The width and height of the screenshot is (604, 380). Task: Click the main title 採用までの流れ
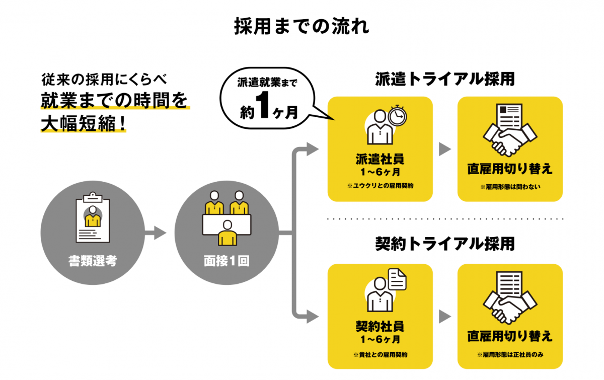pos(301,26)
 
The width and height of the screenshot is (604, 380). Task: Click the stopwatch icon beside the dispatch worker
pos(398,115)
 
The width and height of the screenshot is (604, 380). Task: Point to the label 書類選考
pos(93,261)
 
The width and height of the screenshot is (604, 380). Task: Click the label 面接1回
pos(226,261)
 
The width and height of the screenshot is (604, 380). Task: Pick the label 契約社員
pos(380,327)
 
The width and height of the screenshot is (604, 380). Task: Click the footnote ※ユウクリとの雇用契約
pos(380,186)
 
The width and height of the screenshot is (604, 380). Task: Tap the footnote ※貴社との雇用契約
pos(380,354)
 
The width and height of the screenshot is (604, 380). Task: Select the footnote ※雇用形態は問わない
pos(510,187)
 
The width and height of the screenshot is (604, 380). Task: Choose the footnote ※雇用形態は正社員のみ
pos(510,355)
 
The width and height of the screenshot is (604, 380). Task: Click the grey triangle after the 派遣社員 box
pos(444,149)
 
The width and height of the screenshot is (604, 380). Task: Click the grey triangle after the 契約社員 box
pos(444,317)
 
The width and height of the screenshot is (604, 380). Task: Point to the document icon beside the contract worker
pos(397,280)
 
